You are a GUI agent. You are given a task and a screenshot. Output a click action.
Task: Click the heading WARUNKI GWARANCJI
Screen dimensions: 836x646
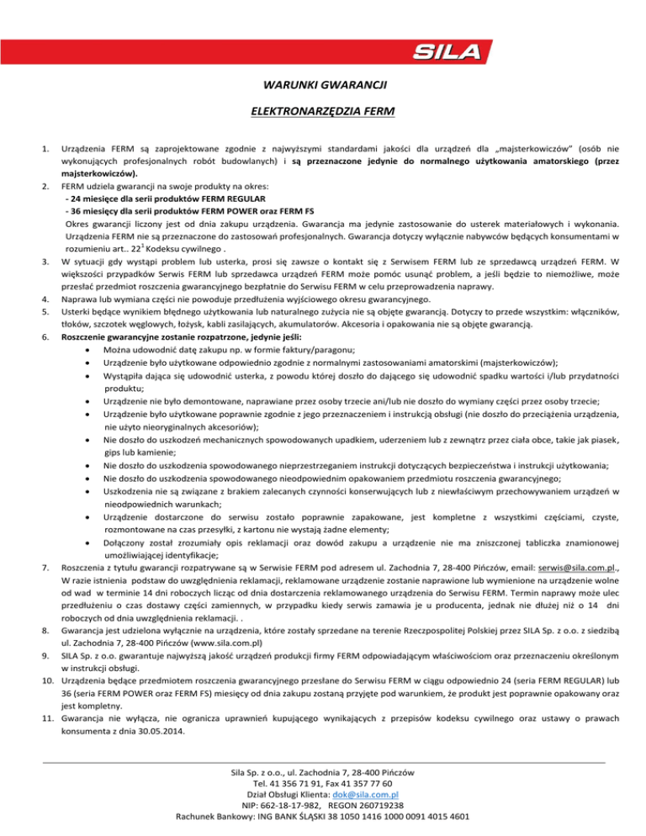point(323,84)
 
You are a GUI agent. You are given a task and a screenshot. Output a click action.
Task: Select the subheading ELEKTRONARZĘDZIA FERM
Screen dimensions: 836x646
point(323,110)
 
